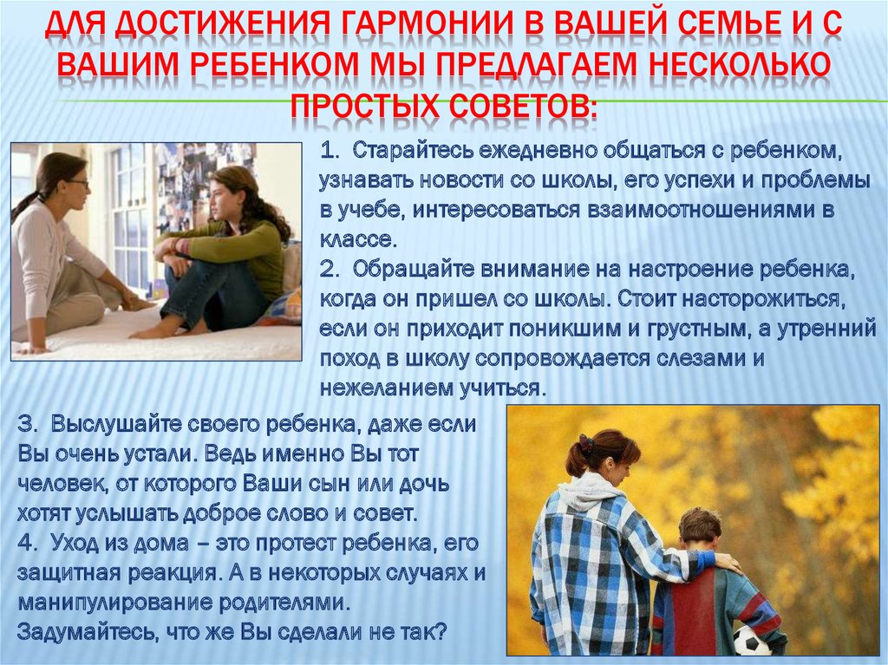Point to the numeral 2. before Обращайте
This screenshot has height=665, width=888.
point(329,270)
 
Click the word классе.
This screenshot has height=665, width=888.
point(356,240)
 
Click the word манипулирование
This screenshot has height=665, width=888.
point(114,603)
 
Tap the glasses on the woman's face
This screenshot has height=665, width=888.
point(78,184)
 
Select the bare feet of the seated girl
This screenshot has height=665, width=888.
point(170,330)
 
